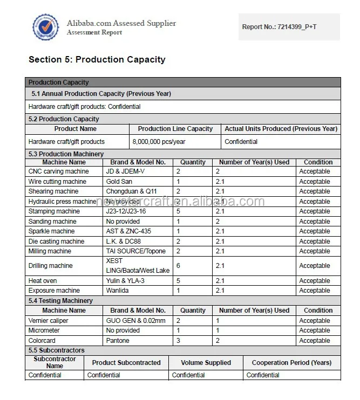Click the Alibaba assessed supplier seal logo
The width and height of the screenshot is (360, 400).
[x=45, y=27]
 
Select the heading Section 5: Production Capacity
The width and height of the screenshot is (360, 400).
[x=97, y=59]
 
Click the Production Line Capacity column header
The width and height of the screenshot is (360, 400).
[x=175, y=129]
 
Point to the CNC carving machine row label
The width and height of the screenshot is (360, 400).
[x=58, y=171]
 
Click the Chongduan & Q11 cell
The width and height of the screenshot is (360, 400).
[x=131, y=191]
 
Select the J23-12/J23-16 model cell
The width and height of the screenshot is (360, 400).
[x=126, y=211]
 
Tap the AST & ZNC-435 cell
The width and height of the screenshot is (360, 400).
[x=128, y=231]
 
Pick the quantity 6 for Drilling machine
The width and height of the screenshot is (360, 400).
[x=178, y=266]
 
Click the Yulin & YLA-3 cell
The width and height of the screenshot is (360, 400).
[x=125, y=281]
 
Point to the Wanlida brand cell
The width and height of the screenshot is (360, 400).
[x=118, y=291]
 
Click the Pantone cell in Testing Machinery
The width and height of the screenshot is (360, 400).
[x=118, y=341]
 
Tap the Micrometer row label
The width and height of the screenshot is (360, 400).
[x=44, y=330]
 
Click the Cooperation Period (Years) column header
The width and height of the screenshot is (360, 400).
[x=291, y=363]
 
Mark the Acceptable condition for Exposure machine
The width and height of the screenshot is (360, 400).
[x=315, y=291]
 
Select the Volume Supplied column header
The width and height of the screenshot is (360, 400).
[x=206, y=363]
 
